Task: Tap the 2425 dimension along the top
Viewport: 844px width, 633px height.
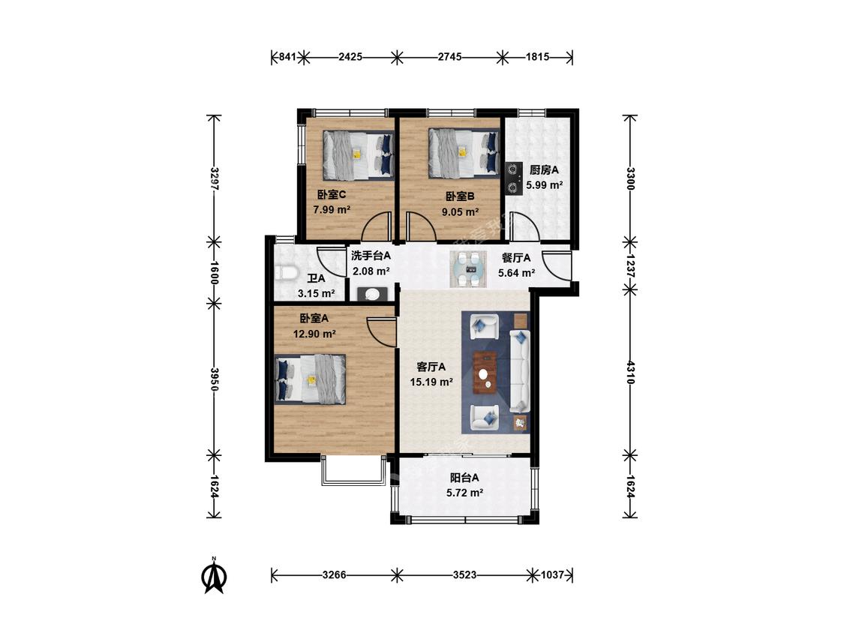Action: pos(350,56)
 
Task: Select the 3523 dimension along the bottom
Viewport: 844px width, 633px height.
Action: pos(464,574)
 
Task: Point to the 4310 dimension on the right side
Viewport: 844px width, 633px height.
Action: pos(630,372)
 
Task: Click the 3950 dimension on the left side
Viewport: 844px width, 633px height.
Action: pos(215,379)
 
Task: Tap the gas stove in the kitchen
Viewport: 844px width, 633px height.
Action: pos(514,178)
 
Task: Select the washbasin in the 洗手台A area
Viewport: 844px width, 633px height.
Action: pos(371,294)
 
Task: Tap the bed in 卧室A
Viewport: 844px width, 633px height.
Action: pos(310,379)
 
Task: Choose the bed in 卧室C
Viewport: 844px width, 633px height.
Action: pos(358,155)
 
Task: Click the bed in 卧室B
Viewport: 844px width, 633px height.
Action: pos(464,153)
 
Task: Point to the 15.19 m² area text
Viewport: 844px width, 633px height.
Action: pos(431,382)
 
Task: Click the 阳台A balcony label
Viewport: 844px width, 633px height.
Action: pos(464,478)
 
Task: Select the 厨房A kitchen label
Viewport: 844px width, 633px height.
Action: pos(544,170)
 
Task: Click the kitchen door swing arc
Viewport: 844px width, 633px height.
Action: pos(525,226)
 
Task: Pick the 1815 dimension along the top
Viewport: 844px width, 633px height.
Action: pos(537,56)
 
